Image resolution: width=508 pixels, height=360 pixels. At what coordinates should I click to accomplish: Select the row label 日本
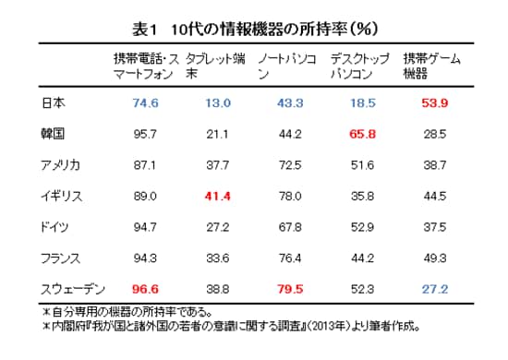(x=53, y=102)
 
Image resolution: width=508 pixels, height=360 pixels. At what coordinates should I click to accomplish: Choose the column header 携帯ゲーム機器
(x=431, y=66)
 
